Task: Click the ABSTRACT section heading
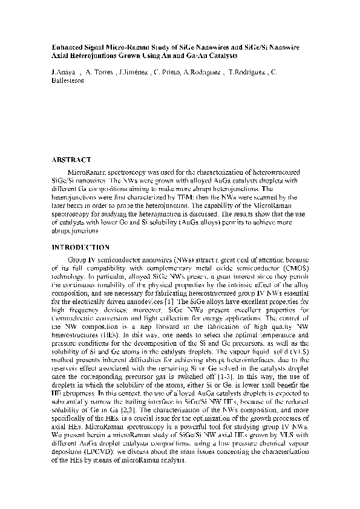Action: [x=71, y=160]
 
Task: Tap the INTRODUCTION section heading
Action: [x=80, y=247]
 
